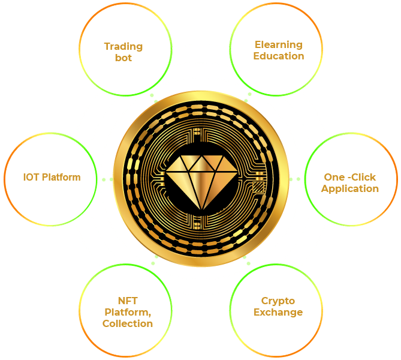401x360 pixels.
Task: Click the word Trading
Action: pos(123,46)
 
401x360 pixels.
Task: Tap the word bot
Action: pos(123,58)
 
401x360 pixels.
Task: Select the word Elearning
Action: pos(278,44)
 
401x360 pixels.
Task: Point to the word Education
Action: pos(278,56)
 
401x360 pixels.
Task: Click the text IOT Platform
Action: pos(52,178)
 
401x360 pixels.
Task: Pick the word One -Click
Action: pos(350,177)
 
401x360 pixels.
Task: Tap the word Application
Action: pos(350,188)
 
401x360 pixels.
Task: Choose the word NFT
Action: pos(128,301)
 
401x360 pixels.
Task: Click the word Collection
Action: pos(128,323)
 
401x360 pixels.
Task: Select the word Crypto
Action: pos(278,301)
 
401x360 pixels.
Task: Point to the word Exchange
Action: pos(278,312)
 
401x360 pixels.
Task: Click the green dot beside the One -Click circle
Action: pos(294,179)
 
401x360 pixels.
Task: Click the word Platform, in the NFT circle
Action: pos(128,312)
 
